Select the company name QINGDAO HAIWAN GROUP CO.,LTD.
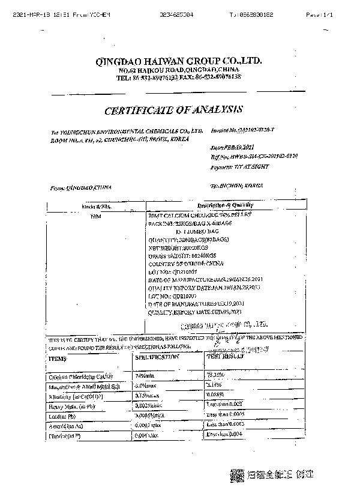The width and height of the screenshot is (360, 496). tap(178, 62)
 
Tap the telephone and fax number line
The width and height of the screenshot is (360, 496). tap(178, 78)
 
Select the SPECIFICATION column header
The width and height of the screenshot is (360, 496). tap(157, 357)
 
